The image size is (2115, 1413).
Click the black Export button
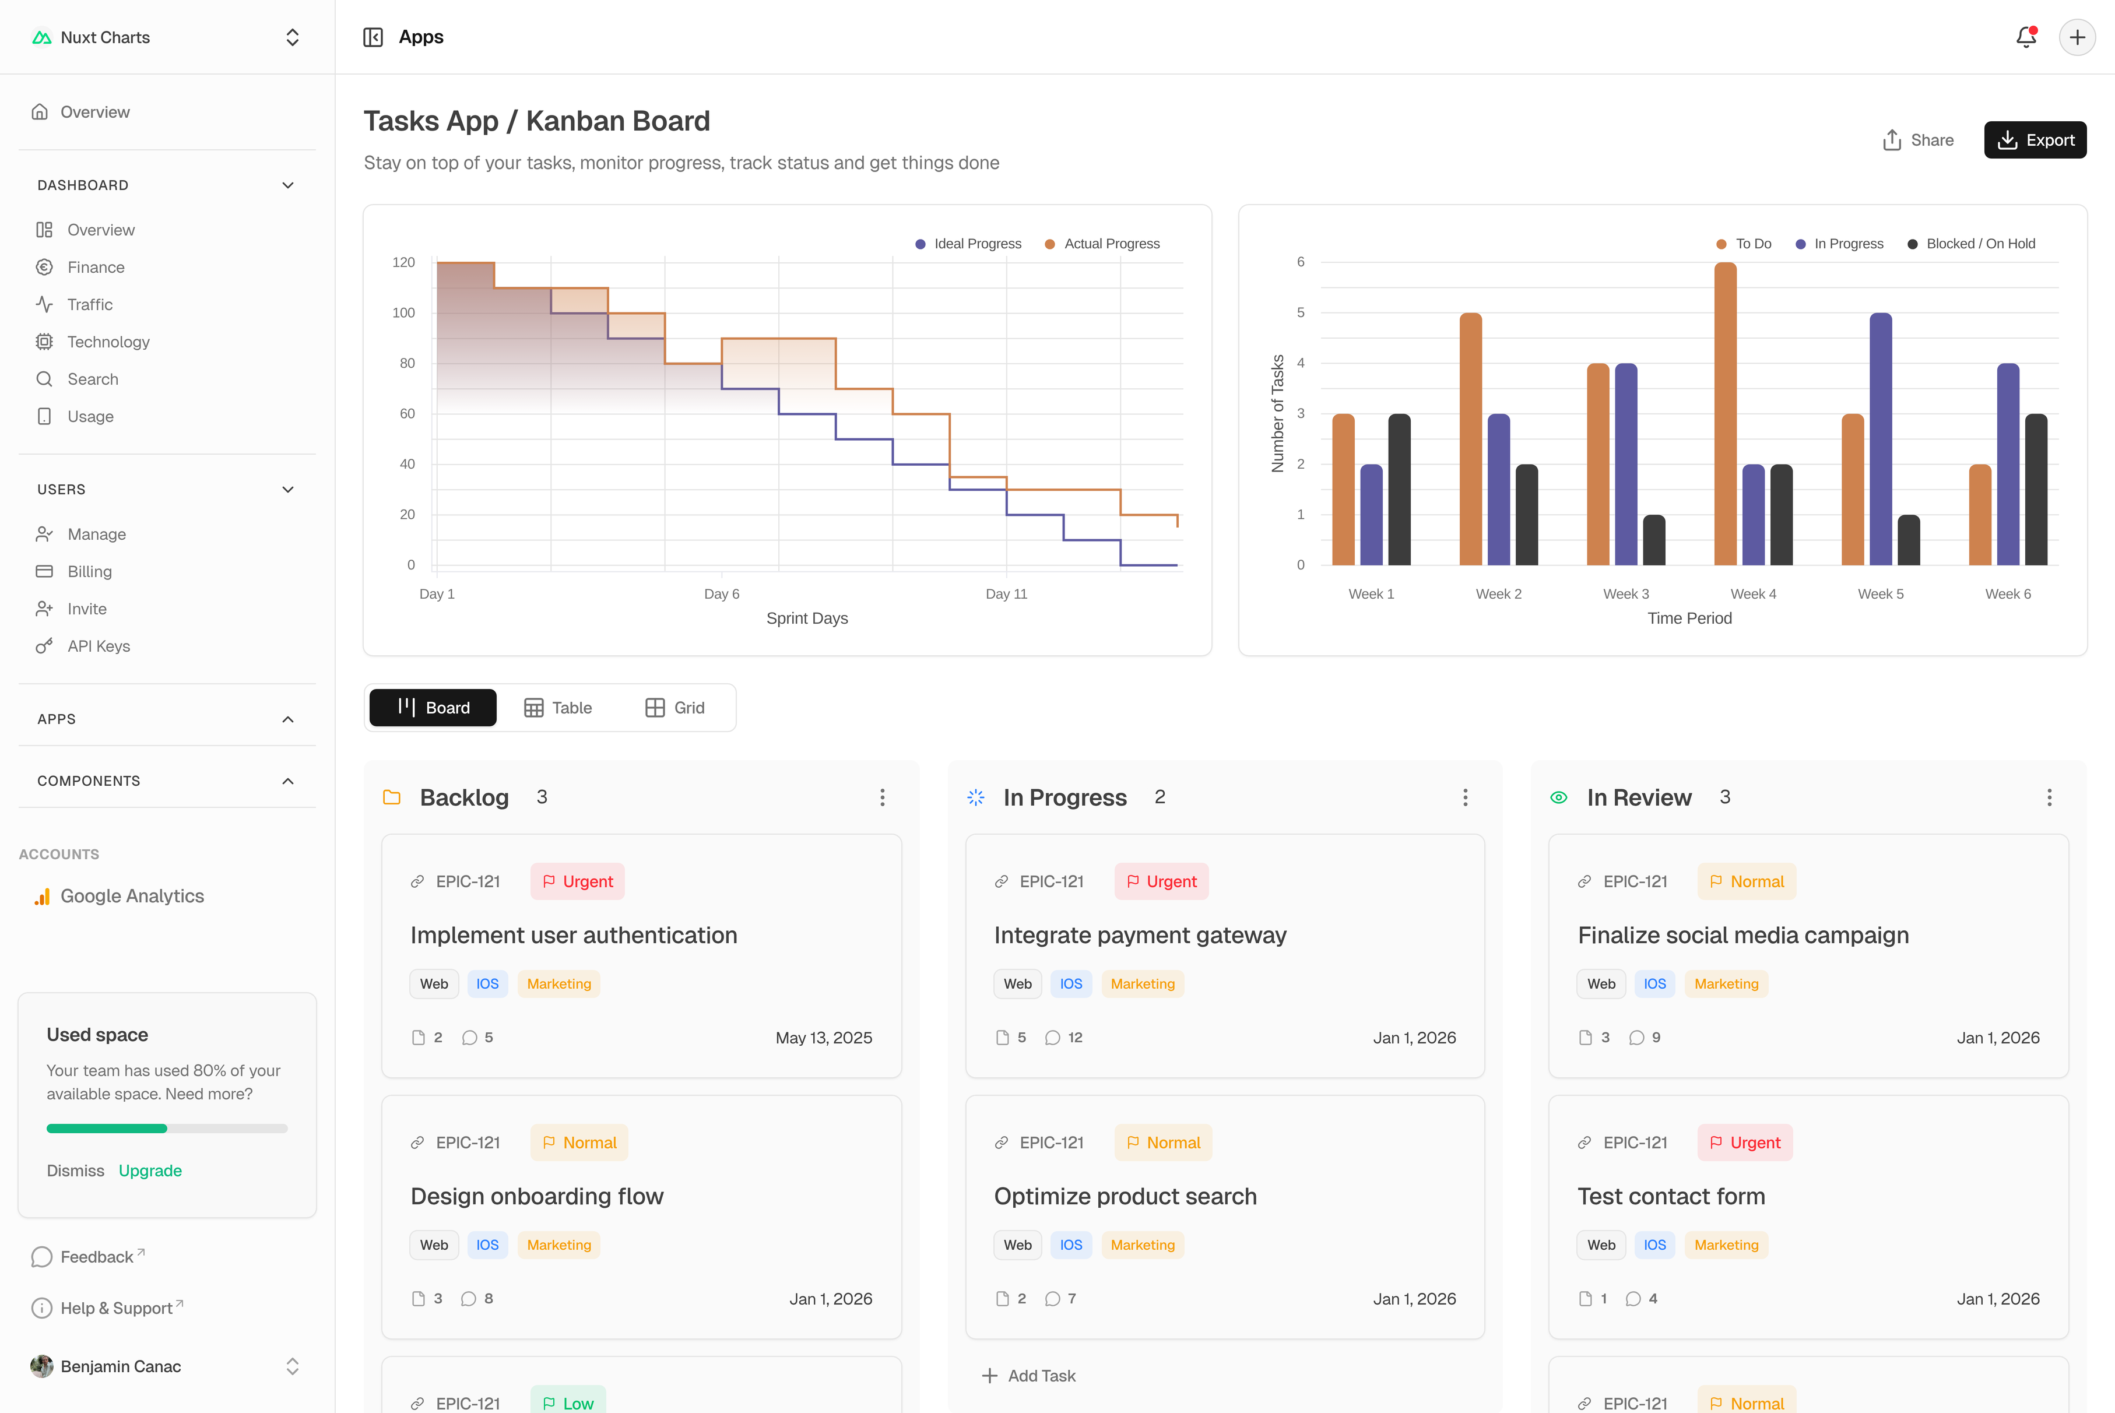[x=2034, y=140]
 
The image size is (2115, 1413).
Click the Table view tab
[x=558, y=708]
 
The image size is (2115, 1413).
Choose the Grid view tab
[x=675, y=708]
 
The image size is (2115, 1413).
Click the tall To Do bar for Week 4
[x=1725, y=414]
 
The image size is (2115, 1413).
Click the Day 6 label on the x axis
[x=721, y=594]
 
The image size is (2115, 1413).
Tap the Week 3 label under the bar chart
[x=1626, y=594]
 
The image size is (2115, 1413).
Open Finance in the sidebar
[x=96, y=268]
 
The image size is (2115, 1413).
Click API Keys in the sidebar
[x=98, y=646]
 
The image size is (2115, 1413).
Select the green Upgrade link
[x=150, y=1171]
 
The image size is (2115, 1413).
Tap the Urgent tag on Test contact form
[x=1745, y=1143]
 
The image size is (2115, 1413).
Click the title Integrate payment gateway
[x=1140, y=936]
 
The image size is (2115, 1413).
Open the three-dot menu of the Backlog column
[x=882, y=797]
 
